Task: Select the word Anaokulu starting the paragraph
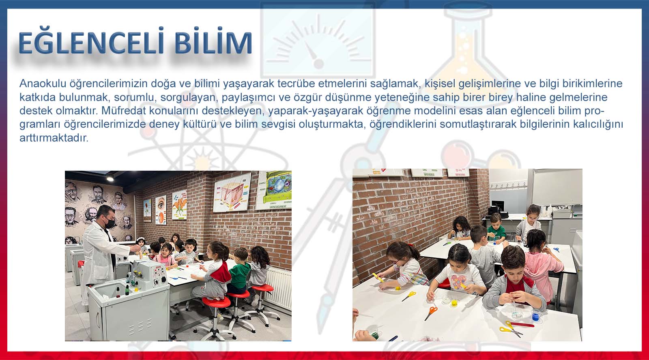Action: pos(43,84)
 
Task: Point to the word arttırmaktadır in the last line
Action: pos(54,138)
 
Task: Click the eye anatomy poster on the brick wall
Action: pos(161,210)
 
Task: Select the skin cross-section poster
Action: pos(232,192)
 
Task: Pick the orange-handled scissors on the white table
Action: pos(430,313)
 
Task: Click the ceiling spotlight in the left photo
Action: pos(110,179)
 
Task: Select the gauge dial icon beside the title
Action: pos(318,41)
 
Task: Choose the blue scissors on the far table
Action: pos(556,249)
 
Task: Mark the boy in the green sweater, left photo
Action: pos(239,271)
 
